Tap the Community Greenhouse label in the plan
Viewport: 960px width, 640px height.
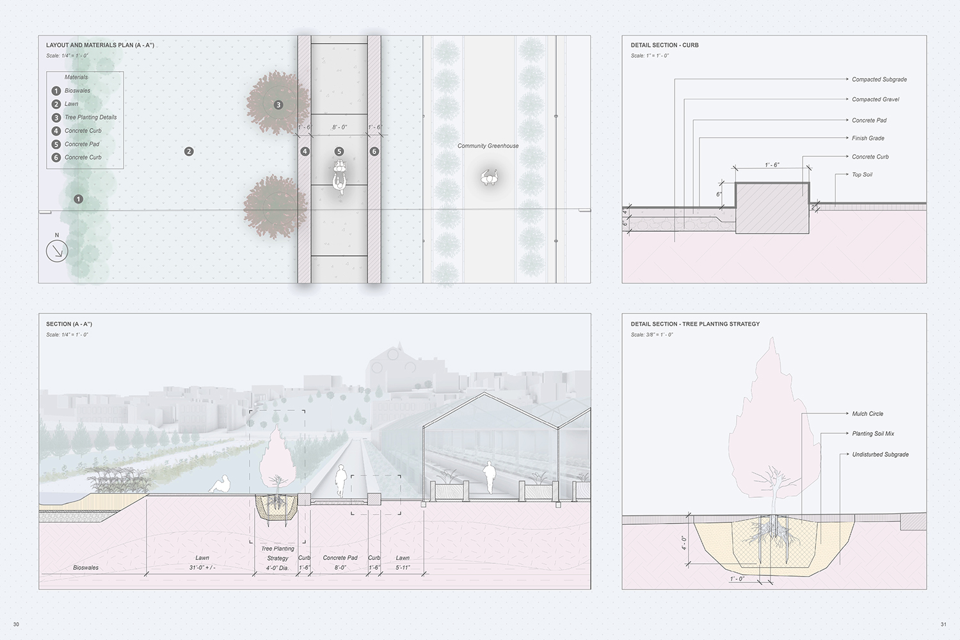[488, 146]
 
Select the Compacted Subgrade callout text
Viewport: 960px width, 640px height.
[879, 79]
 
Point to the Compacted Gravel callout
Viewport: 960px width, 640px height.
[875, 99]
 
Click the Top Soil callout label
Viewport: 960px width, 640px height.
[861, 174]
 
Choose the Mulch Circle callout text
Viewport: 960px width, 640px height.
[867, 413]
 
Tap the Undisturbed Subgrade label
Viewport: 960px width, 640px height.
[880, 454]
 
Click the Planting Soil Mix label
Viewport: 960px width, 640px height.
[873, 433]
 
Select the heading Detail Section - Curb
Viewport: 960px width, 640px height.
[664, 45]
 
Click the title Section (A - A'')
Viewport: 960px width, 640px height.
[69, 324]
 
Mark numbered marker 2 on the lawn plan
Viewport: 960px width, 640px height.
[189, 152]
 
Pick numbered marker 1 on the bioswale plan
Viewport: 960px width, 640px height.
[78, 199]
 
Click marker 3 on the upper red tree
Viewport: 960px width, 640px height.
[278, 104]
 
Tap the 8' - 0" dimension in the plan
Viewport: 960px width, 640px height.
[339, 127]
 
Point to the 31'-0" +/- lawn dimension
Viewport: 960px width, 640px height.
[202, 568]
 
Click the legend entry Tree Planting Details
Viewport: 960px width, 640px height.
[90, 117]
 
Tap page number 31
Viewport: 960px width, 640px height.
[943, 625]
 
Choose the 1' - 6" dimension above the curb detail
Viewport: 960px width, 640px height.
[772, 165]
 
